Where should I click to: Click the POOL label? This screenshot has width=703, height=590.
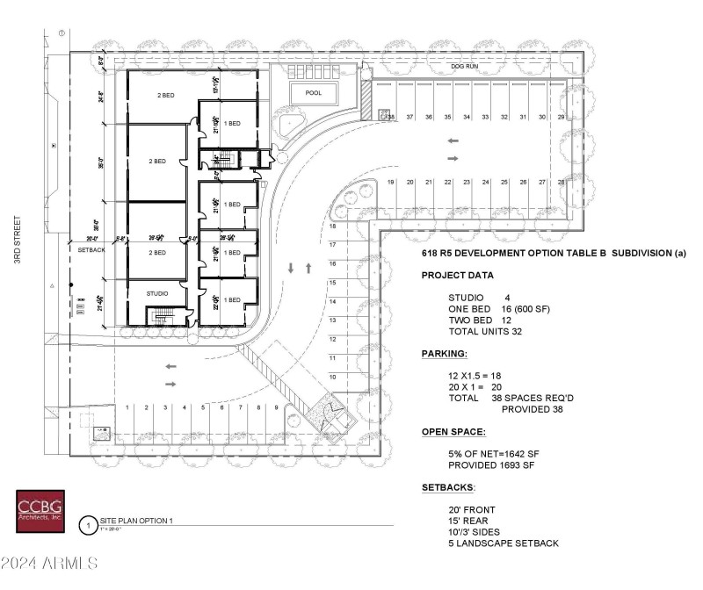pos(314,92)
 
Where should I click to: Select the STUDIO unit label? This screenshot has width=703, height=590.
pos(156,293)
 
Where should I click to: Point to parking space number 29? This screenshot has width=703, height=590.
pos(562,117)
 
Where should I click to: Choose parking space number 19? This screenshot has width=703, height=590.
pos(391,182)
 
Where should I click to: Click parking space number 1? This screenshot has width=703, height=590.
pos(128,407)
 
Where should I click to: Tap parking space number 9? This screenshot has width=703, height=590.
pos(277,407)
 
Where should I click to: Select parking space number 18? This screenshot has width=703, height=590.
pos(333,227)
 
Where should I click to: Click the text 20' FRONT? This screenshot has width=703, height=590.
pos(472,509)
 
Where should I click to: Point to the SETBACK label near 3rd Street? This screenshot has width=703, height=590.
pos(91,249)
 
